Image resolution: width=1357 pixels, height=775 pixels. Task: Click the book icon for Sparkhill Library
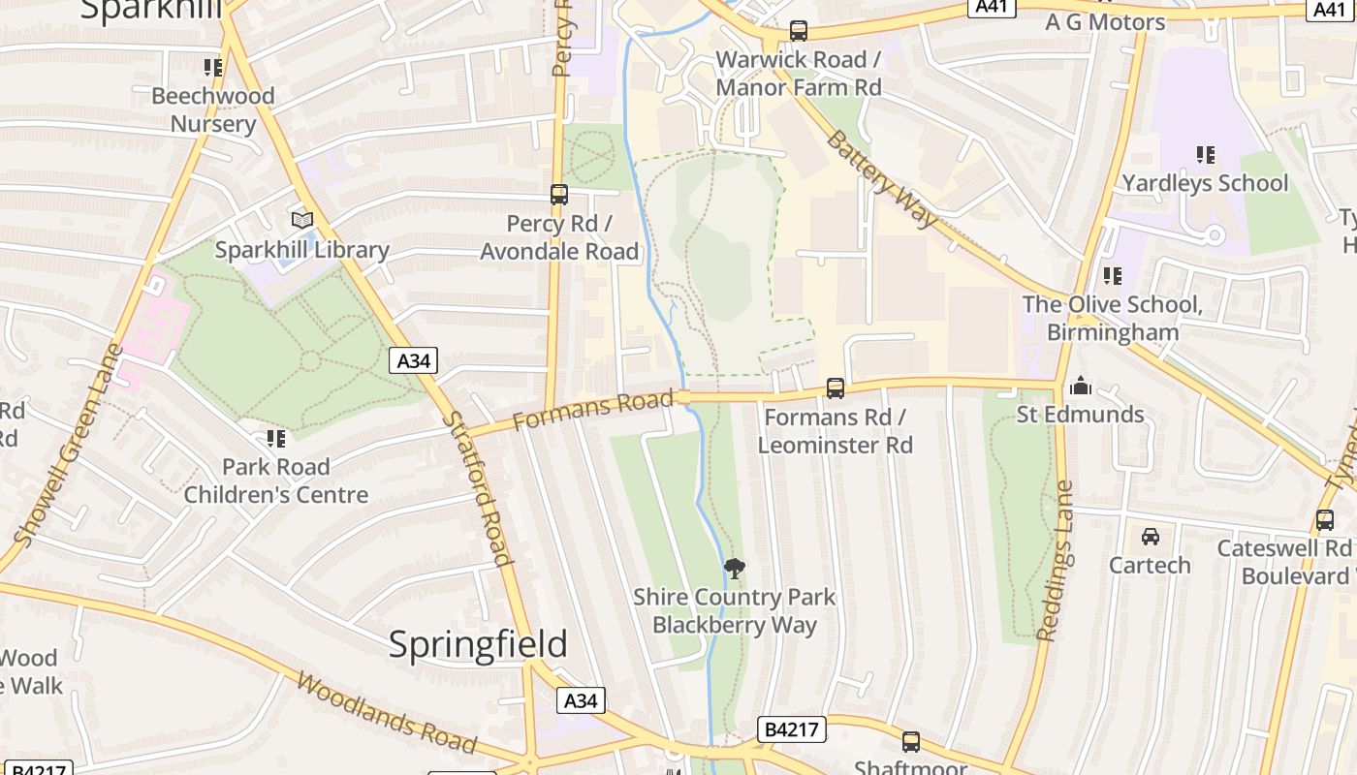tap(302, 220)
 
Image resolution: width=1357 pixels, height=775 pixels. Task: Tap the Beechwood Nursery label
tap(212, 109)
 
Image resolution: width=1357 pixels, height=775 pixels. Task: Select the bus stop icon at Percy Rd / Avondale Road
tap(559, 194)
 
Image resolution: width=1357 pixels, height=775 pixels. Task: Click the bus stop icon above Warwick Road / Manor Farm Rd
tap(798, 30)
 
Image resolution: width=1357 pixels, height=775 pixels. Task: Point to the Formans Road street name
tap(592, 409)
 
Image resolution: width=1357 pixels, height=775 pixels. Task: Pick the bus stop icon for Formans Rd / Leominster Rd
tap(835, 387)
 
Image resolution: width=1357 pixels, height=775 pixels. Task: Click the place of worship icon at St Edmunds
tap(1080, 387)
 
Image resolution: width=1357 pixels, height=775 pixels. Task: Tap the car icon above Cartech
tap(1150, 536)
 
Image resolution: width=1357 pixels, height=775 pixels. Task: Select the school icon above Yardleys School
tap(1205, 154)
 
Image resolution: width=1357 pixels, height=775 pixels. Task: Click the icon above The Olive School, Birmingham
tap(1112, 276)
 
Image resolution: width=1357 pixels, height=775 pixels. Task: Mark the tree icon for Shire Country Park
tap(735, 568)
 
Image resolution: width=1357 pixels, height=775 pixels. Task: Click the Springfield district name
tap(478, 644)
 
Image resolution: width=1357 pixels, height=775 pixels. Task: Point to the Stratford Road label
tap(476, 487)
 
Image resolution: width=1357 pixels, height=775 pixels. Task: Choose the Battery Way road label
tap(881, 178)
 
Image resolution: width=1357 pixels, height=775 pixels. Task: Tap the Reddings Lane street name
tap(1057, 562)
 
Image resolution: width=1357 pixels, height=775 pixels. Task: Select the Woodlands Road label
tap(386, 713)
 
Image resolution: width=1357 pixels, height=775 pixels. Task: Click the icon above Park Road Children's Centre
tap(276, 439)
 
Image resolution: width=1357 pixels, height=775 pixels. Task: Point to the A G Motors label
tap(1105, 21)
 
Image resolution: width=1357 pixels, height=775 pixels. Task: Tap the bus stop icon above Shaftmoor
tap(910, 742)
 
